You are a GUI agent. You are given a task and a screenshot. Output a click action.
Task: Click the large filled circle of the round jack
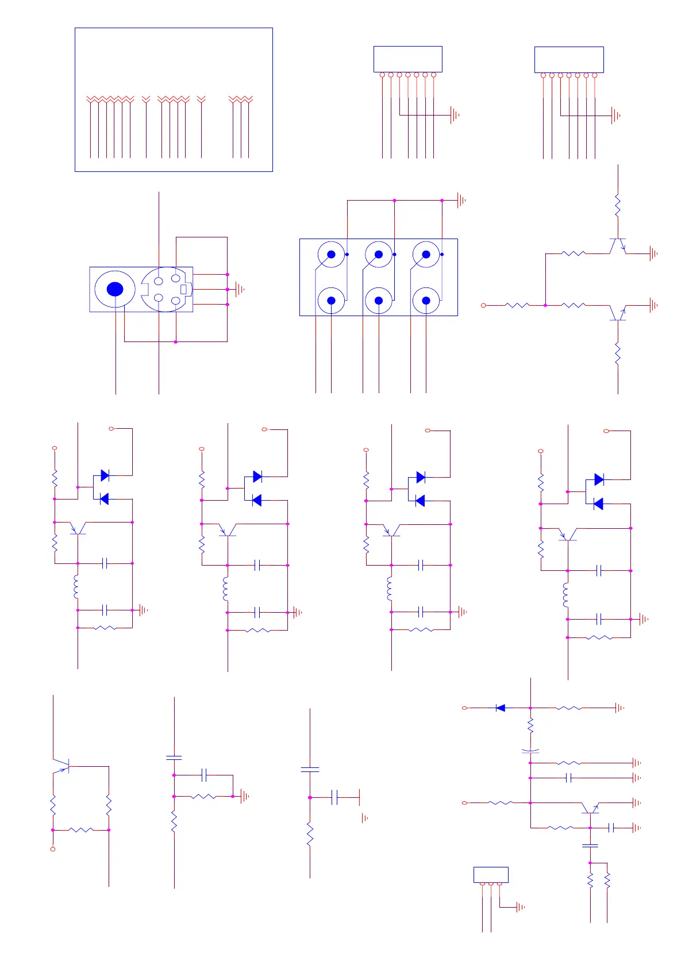coord(115,289)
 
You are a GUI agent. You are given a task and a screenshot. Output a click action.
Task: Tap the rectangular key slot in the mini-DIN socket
coord(184,289)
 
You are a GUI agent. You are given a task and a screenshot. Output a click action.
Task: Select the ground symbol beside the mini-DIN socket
coord(240,289)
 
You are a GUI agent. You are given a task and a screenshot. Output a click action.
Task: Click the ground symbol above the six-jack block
coord(461,201)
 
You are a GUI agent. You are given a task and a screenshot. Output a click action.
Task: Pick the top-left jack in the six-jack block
coord(331,254)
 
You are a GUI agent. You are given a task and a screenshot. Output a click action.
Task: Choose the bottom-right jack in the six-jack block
coord(426,300)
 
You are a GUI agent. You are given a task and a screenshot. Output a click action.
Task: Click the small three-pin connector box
coord(491,874)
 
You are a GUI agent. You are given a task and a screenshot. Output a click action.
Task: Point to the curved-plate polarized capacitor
coord(530,751)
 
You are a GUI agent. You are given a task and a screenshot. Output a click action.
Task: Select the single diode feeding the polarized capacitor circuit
coord(501,708)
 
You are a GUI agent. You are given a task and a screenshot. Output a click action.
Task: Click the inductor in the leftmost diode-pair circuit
coord(76,586)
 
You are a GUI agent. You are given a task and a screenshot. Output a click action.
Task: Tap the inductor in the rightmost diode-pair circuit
coord(567,595)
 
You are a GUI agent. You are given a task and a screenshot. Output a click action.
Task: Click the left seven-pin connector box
coord(407,59)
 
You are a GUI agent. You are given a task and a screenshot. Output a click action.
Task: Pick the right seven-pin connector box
coord(569,59)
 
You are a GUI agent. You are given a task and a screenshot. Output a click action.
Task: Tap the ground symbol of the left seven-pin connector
coord(455,115)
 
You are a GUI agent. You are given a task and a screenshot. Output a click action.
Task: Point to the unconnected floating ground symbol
coord(364,818)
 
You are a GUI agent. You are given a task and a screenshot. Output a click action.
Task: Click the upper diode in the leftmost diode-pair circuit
coord(105,475)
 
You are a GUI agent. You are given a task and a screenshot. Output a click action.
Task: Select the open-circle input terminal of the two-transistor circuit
coord(483,305)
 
